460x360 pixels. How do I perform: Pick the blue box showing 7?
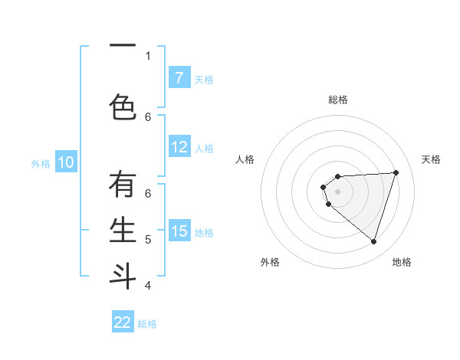tap(179, 77)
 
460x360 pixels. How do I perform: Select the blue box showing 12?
tap(179, 147)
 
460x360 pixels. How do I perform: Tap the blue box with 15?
tap(179, 231)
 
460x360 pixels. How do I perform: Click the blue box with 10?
tap(66, 162)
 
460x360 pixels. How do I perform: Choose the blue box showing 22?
tap(123, 322)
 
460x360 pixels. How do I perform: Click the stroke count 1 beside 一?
tap(148, 55)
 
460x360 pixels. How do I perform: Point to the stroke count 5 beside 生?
tap(148, 239)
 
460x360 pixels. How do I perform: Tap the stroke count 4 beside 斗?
tap(148, 286)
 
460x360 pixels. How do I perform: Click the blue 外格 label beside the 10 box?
tap(41, 163)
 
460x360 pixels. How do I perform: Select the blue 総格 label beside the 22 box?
tap(147, 324)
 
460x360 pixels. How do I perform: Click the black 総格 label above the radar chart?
tap(338, 100)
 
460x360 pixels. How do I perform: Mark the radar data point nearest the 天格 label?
tap(396, 172)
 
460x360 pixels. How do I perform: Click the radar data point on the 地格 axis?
tap(373, 241)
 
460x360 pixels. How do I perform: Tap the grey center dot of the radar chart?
tap(337, 191)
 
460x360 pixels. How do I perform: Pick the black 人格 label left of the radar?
tap(245, 159)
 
